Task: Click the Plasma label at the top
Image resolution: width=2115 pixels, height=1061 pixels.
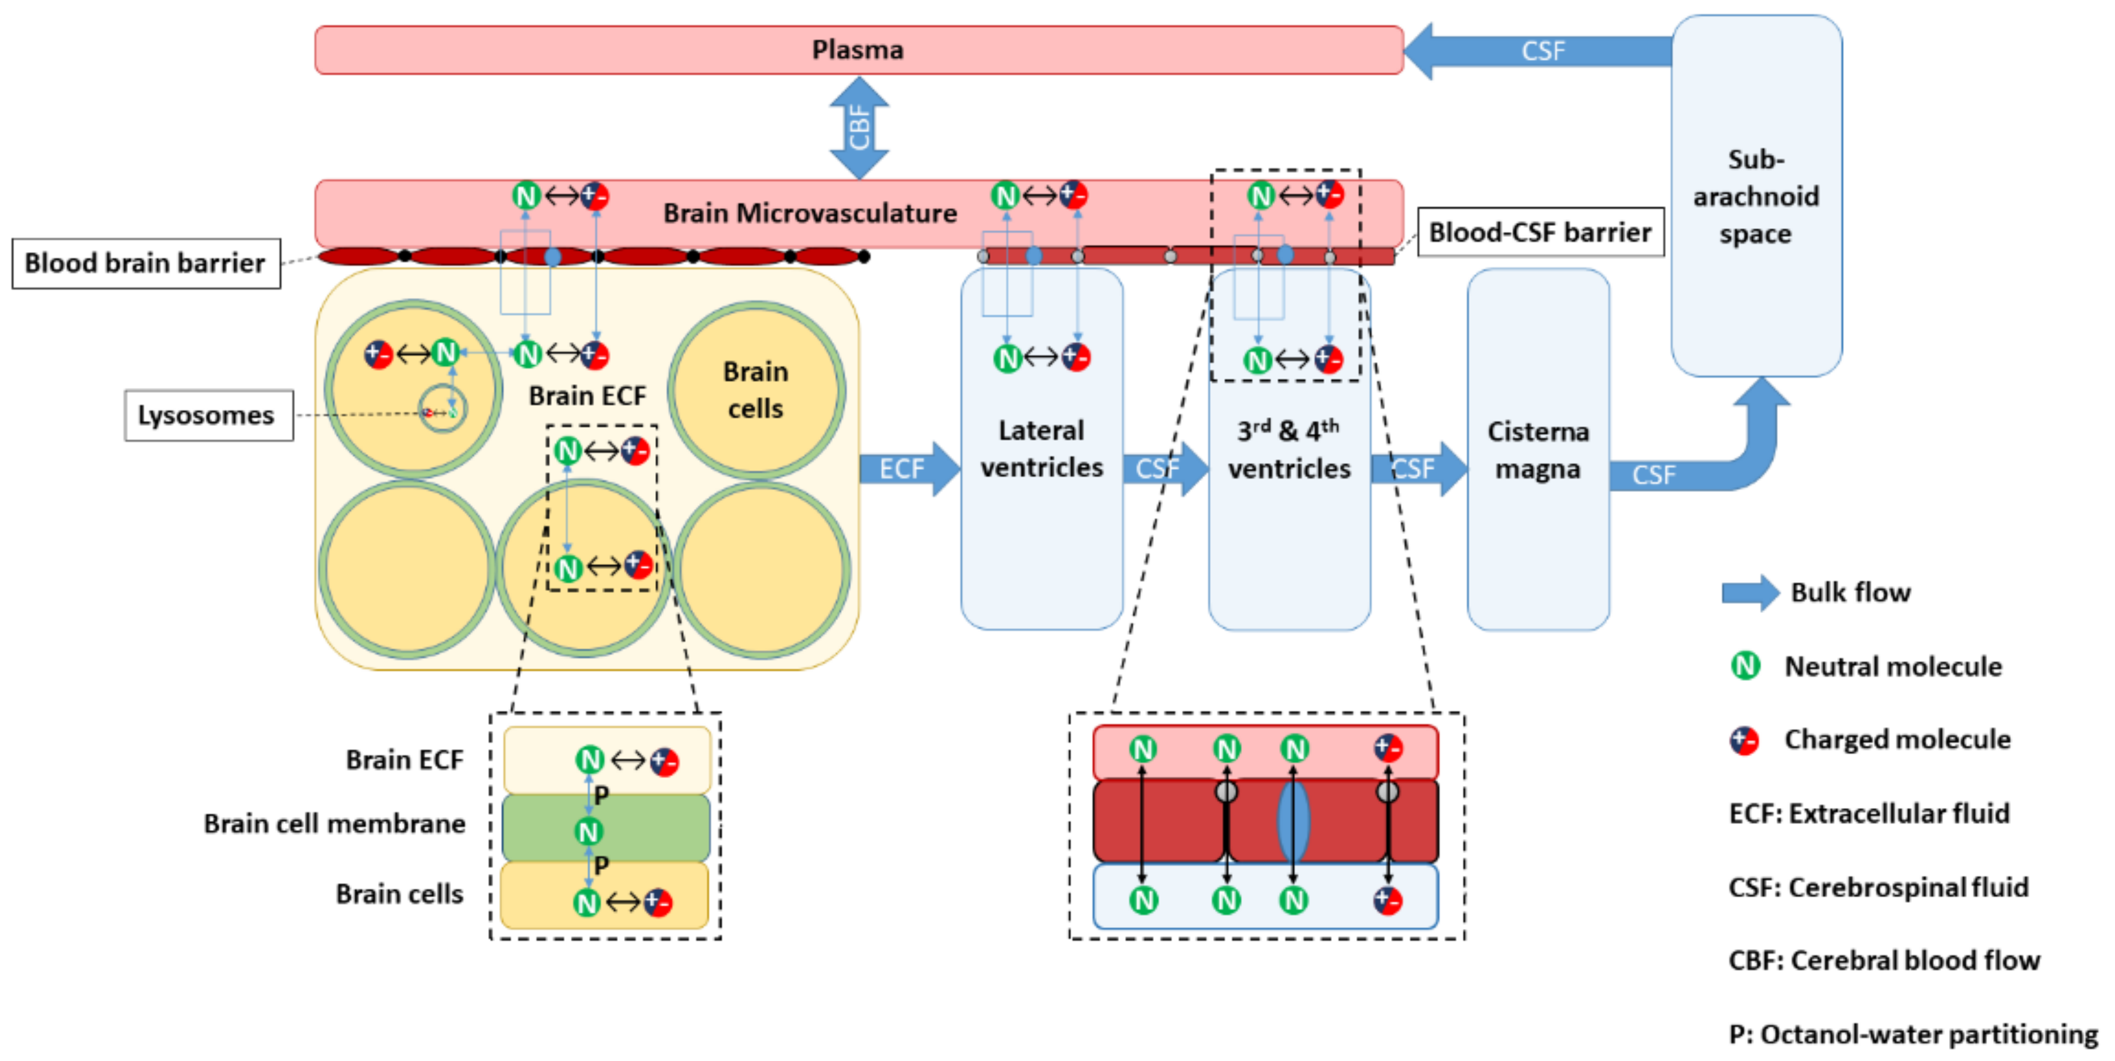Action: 857,50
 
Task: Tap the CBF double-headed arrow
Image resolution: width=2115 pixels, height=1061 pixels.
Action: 859,128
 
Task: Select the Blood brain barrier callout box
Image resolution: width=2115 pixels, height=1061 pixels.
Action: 145,263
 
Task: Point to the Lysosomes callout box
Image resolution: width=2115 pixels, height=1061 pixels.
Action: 207,416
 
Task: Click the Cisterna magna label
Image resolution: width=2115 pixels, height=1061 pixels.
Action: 1538,450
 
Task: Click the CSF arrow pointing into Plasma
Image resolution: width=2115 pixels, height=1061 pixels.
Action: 1535,51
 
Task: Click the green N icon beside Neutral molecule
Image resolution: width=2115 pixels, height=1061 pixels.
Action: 1745,665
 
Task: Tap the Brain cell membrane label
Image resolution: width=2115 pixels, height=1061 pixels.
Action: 334,823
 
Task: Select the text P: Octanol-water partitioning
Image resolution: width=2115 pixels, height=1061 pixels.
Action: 1913,1034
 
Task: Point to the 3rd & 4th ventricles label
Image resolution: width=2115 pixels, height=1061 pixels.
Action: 1289,449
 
